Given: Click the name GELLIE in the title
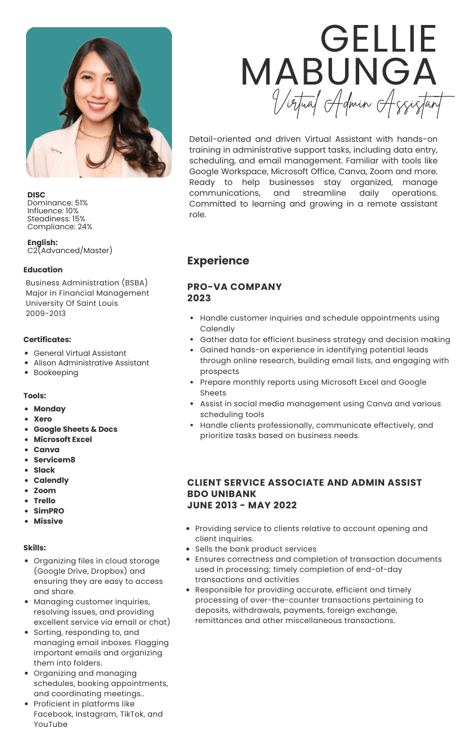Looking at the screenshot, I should (x=378, y=39).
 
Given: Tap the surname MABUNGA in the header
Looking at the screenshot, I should (x=339, y=73).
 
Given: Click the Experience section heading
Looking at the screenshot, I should (x=218, y=261).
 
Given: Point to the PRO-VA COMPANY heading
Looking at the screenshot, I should (x=234, y=287).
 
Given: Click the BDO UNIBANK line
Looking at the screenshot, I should (x=222, y=494).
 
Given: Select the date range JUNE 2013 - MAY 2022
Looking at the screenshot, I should (x=242, y=505).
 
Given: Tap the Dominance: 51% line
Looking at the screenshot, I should (x=57, y=203).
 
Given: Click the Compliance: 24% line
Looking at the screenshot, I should (x=60, y=226).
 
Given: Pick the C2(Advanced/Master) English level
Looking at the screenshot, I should (x=70, y=250).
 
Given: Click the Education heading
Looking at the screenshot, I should (x=43, y=270).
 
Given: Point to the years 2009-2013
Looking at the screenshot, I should (x=45, y=313).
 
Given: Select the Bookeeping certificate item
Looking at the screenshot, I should (x=56, y=372).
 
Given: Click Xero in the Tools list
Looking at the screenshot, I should (x=43, y=419).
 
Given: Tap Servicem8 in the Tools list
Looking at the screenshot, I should (x=54, y=460).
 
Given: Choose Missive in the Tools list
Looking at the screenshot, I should (x=48, y=521).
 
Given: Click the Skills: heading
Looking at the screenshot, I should (x=35, y=548).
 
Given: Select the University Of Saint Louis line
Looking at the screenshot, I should (x=72, y=303).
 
